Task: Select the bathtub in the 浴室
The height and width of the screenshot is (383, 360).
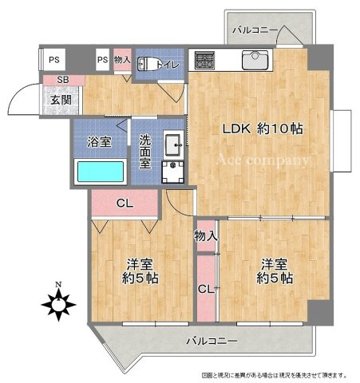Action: tap(100, 172)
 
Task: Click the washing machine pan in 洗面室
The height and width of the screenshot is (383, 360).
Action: tap(172, 171)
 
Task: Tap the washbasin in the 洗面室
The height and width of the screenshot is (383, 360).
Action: tap(171, 144)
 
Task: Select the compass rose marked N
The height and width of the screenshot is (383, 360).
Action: tap(58, 302)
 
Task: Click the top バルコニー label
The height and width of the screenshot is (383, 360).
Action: tap(255, 30)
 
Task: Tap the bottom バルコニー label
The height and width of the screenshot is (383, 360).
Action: tap(212, 341)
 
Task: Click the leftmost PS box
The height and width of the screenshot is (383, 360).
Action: tap(53, 59)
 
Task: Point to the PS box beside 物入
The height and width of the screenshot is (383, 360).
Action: tap(102, 59)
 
